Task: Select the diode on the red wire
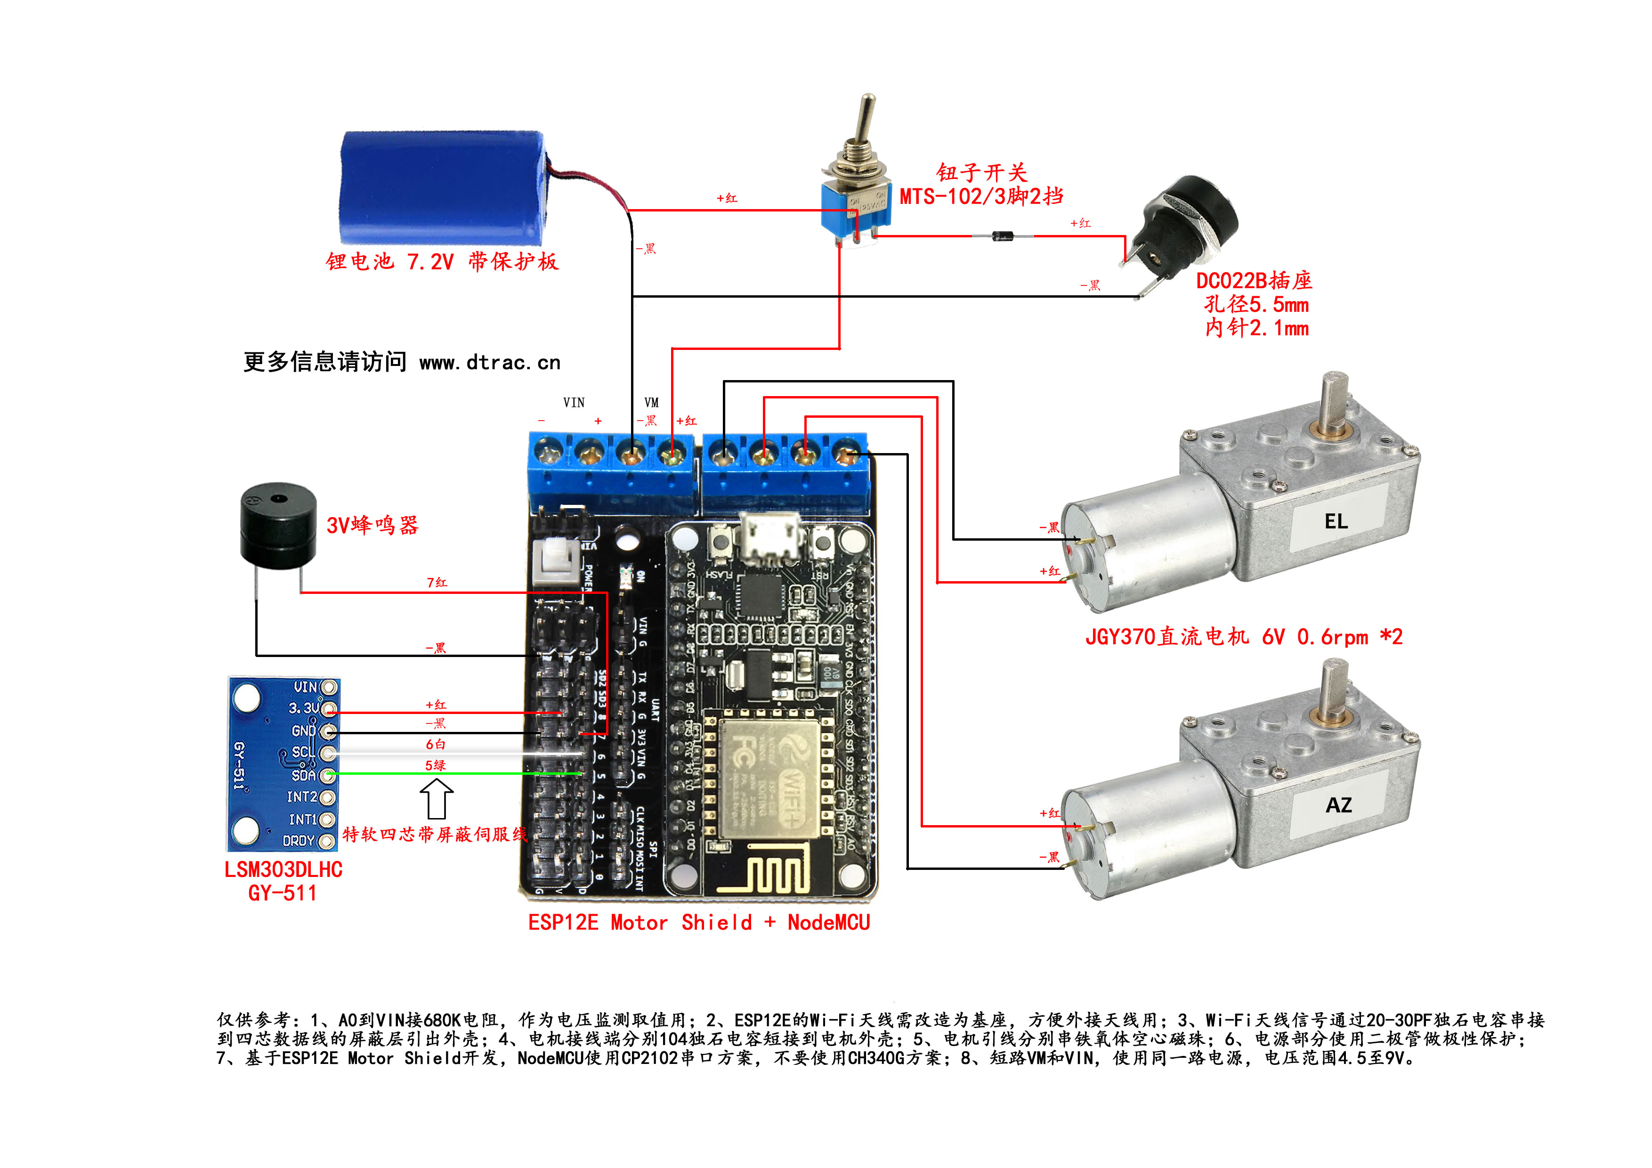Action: [1002, 235]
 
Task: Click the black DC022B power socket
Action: [1187, 223]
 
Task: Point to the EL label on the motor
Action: [1336, 521]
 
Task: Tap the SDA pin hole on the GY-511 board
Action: [328, 775]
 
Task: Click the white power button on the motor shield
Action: [556, 561]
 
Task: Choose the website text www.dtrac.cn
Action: [489, 362]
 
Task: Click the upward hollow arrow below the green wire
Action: [436, 800]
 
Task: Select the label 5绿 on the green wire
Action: [435, 765]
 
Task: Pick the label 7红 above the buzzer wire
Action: [437, 582]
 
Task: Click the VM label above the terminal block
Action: [651, 402]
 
